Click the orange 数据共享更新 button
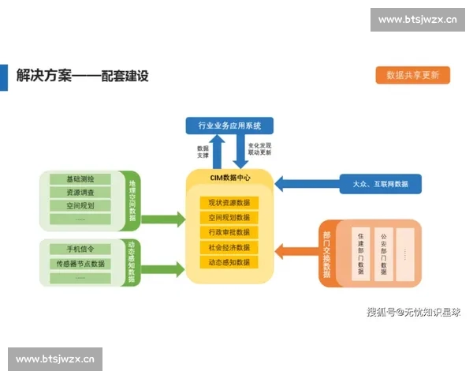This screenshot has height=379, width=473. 413,75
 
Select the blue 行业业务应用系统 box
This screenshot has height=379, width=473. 229,125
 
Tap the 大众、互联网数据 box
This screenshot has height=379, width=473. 380,184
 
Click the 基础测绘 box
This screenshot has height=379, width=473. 80,178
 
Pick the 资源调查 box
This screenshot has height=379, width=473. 80,192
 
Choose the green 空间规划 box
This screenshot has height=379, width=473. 80,205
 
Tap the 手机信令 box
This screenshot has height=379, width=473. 80,249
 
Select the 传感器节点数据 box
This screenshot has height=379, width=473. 80,263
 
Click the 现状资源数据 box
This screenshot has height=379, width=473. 229,203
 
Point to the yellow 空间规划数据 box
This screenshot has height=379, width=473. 229,217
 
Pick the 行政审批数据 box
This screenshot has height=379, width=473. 229,232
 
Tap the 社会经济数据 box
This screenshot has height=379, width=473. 229,247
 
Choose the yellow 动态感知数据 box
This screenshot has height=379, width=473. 229,262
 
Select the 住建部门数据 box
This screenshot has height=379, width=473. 360,253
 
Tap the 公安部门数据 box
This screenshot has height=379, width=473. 383,253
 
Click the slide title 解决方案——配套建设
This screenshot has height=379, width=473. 83,76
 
